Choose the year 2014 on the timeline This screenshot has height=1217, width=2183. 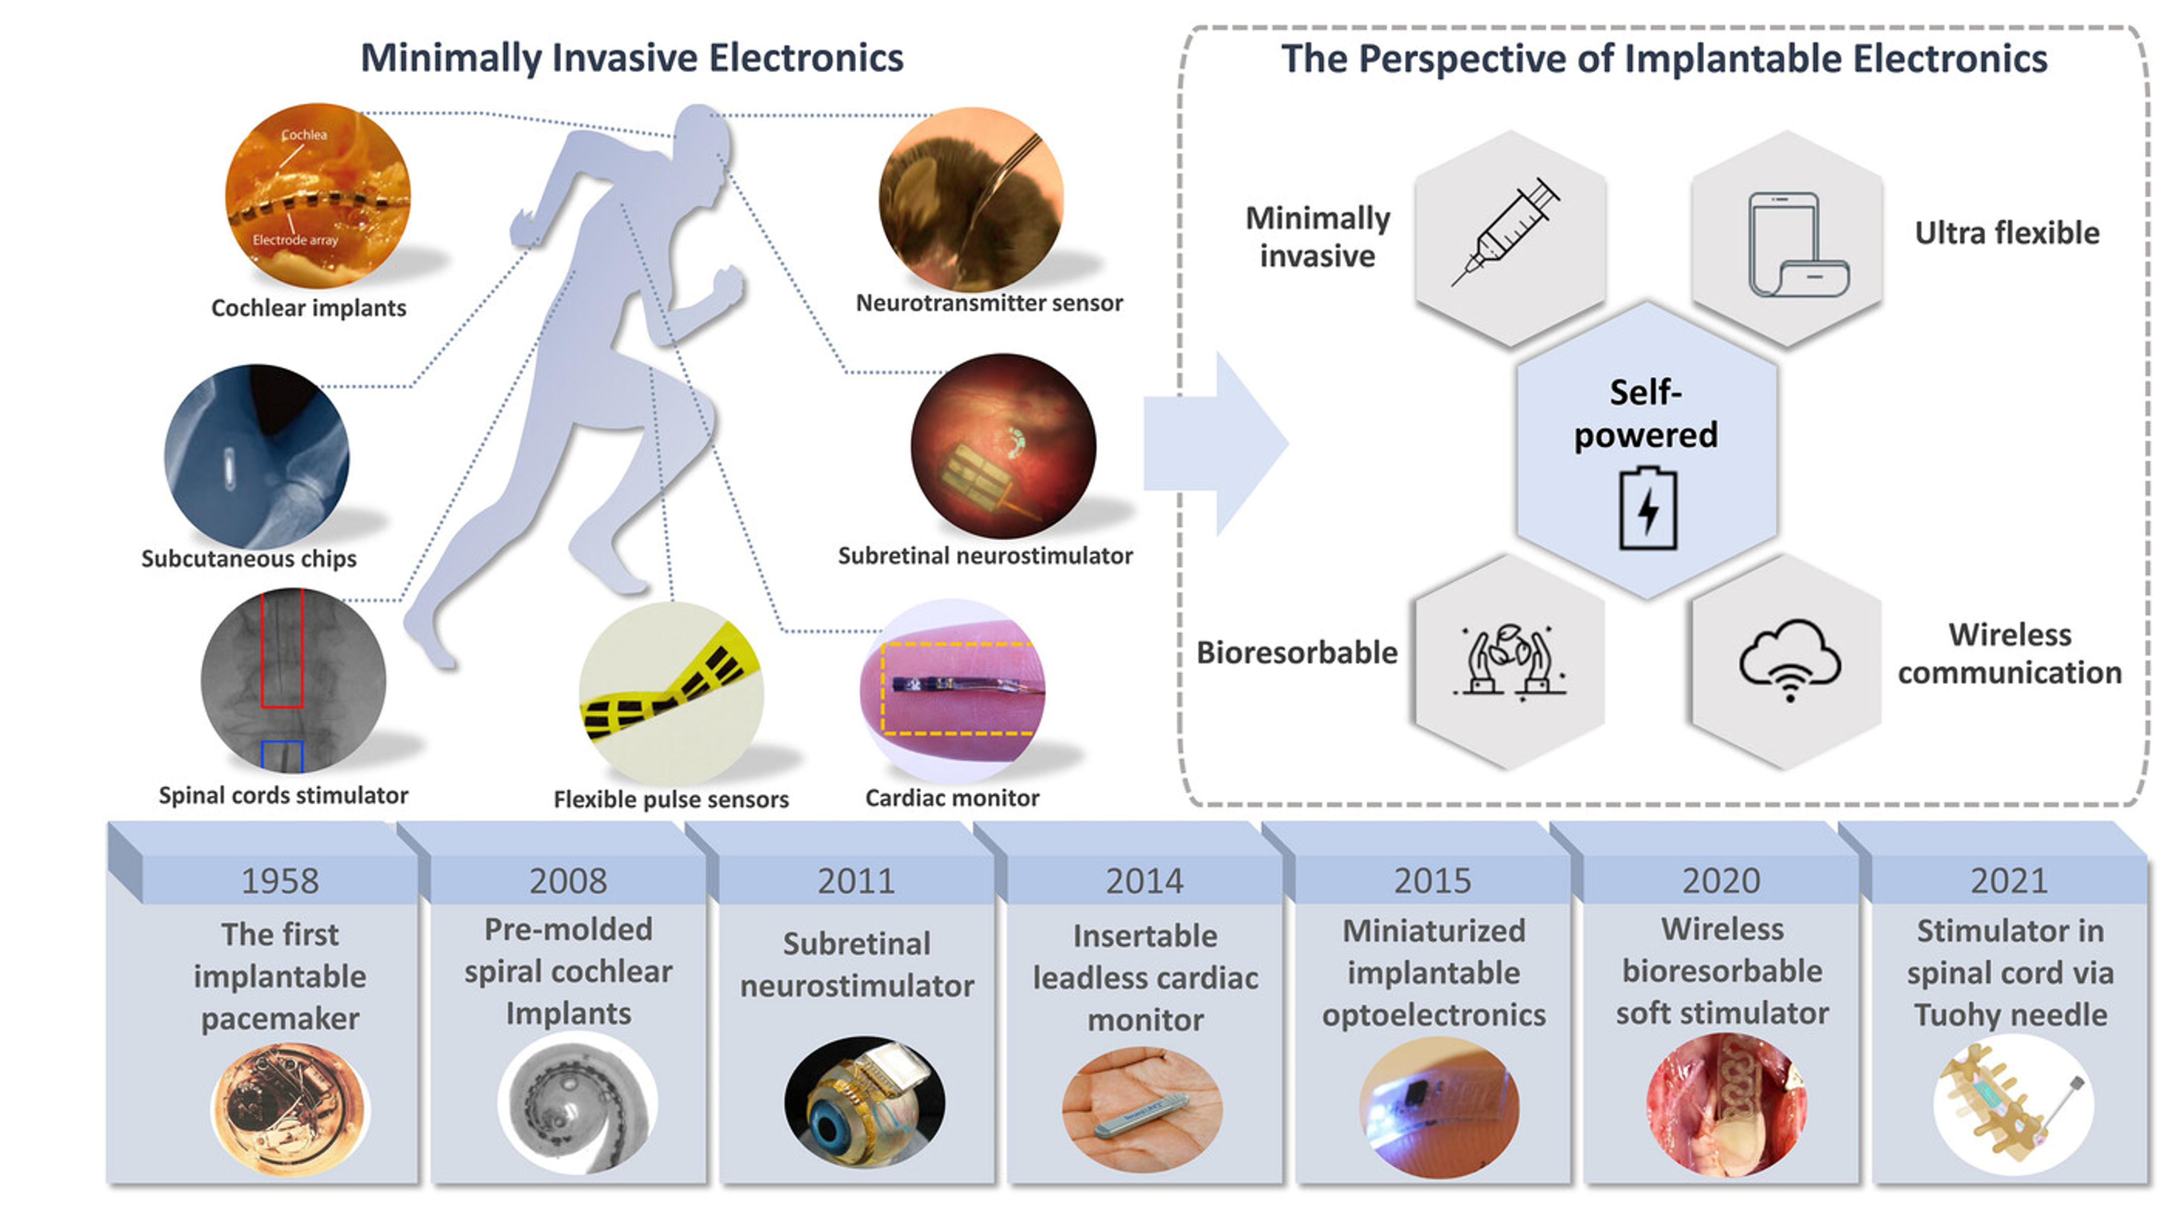point(1144,881)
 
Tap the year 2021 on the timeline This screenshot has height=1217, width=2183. point(2008,881)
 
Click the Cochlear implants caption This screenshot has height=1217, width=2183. point(308,308)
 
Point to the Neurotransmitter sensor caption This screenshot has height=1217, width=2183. point(989,303)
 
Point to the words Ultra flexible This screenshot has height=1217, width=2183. point(2007,233)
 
